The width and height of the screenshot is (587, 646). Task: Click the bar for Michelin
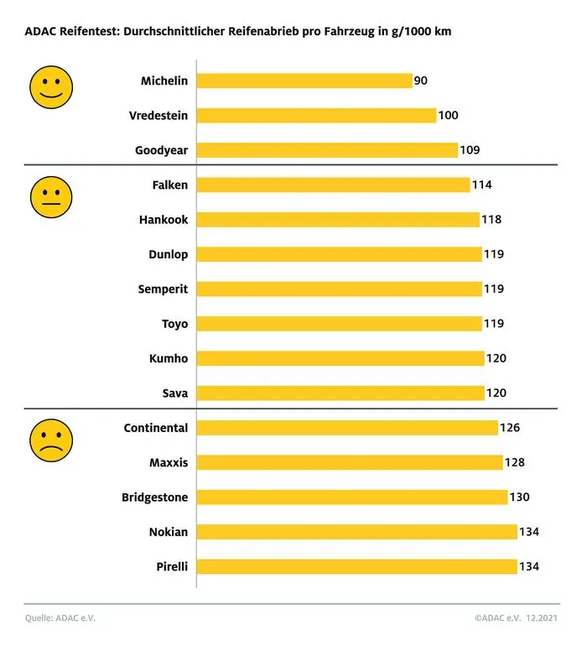(304, 81)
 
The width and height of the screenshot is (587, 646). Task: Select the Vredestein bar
(317, 116)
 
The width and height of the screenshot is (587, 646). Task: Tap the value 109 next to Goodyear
(470, 150)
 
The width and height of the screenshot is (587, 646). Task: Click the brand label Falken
(170, 185)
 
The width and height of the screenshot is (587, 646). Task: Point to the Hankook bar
(338, 220)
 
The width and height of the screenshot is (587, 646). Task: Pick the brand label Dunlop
(168, 254)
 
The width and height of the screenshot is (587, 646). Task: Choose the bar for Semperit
(340, 289)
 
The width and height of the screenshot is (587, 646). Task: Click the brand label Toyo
(174, 324)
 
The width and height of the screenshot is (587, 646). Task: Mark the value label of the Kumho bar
(496, 358)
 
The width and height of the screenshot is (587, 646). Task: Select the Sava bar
(340, 393)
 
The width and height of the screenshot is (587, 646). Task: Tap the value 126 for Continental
(510, 428)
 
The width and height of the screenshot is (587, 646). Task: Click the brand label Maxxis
(168, 462)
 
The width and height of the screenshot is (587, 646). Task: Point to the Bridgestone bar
(352, 497)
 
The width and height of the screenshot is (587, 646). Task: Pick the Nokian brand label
(169, 532)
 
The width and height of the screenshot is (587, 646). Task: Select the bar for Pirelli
(357, 566)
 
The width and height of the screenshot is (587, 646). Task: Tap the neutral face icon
(51, 198)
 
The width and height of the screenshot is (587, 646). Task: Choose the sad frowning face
(51, 440)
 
